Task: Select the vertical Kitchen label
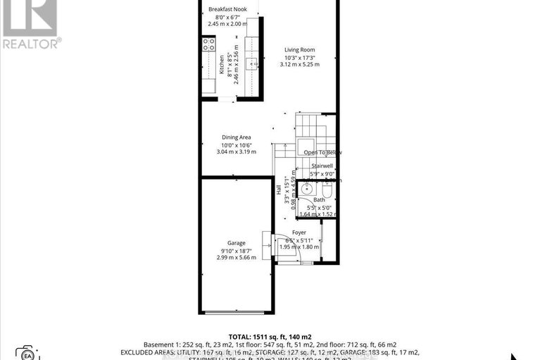click(x=221, y=65)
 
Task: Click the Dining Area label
click(x=235, y=137)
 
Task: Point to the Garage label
click(x=236, y=243)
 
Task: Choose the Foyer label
click(x=299, y=232)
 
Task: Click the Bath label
click(x=319, y=200)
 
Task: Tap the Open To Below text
click(x=322, y=152)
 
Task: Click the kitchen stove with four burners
click(x=208, y=45)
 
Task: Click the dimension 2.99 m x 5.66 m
click(x=236, y=258)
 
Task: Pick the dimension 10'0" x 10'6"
click(x=235, y=144)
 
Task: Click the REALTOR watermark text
click(x=31, y=43)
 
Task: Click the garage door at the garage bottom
click(x=236, y=312)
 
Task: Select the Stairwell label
click(x=322, y=166)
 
